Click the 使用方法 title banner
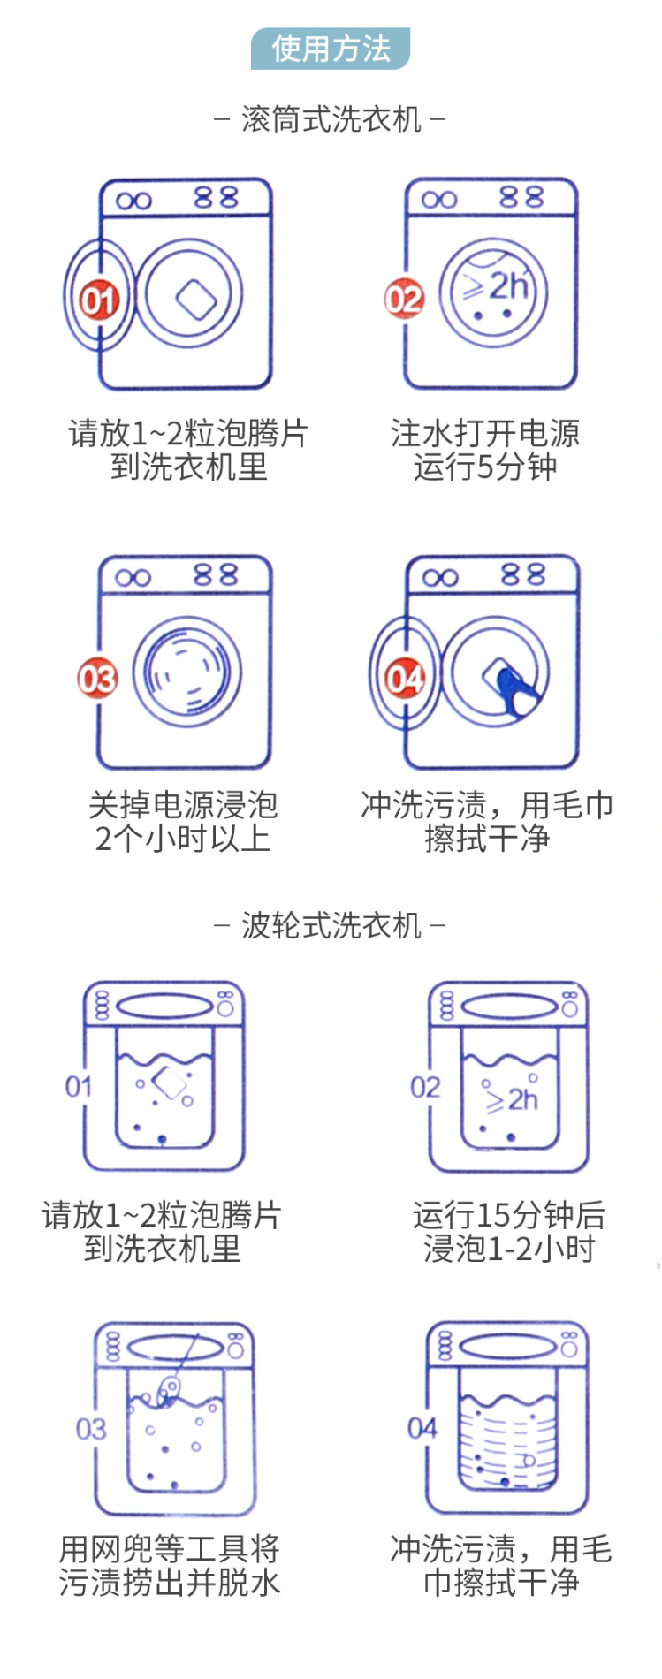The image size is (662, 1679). pyautogui.click(x=331, y=49)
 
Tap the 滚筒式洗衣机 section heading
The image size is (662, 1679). pyautogui.click(x=331, y=118)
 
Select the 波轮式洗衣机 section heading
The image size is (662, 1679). pyautogui.click(x=331, y=925)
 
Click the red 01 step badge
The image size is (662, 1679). pyautogui.click(x=98, y=300)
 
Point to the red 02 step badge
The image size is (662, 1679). pyautogui.click(x=404, y=300)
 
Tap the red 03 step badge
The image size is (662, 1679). pyautogui.click(x=97, y=679)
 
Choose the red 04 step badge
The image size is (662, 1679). pyautogui.click(x=405, y=679)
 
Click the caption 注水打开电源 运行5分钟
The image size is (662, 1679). pyautogui.click(x=485, y=450)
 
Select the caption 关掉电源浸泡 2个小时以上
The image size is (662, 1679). pyautogui.click(x=183, y=822)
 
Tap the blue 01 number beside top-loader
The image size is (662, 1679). pyautogui.click(x=79, y=1086)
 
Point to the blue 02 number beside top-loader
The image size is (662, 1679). pyautogui.click(x=425, y=1086)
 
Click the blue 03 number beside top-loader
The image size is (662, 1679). pyautogui.click(x=90, y=1428)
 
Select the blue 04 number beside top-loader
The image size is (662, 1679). pyautogui.click(x=422, y=1427)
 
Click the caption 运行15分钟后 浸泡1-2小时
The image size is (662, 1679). pyautogui.click(x=509, y=1232)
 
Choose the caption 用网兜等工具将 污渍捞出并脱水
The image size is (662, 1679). pyautogui.click(x=170, y=1565)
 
